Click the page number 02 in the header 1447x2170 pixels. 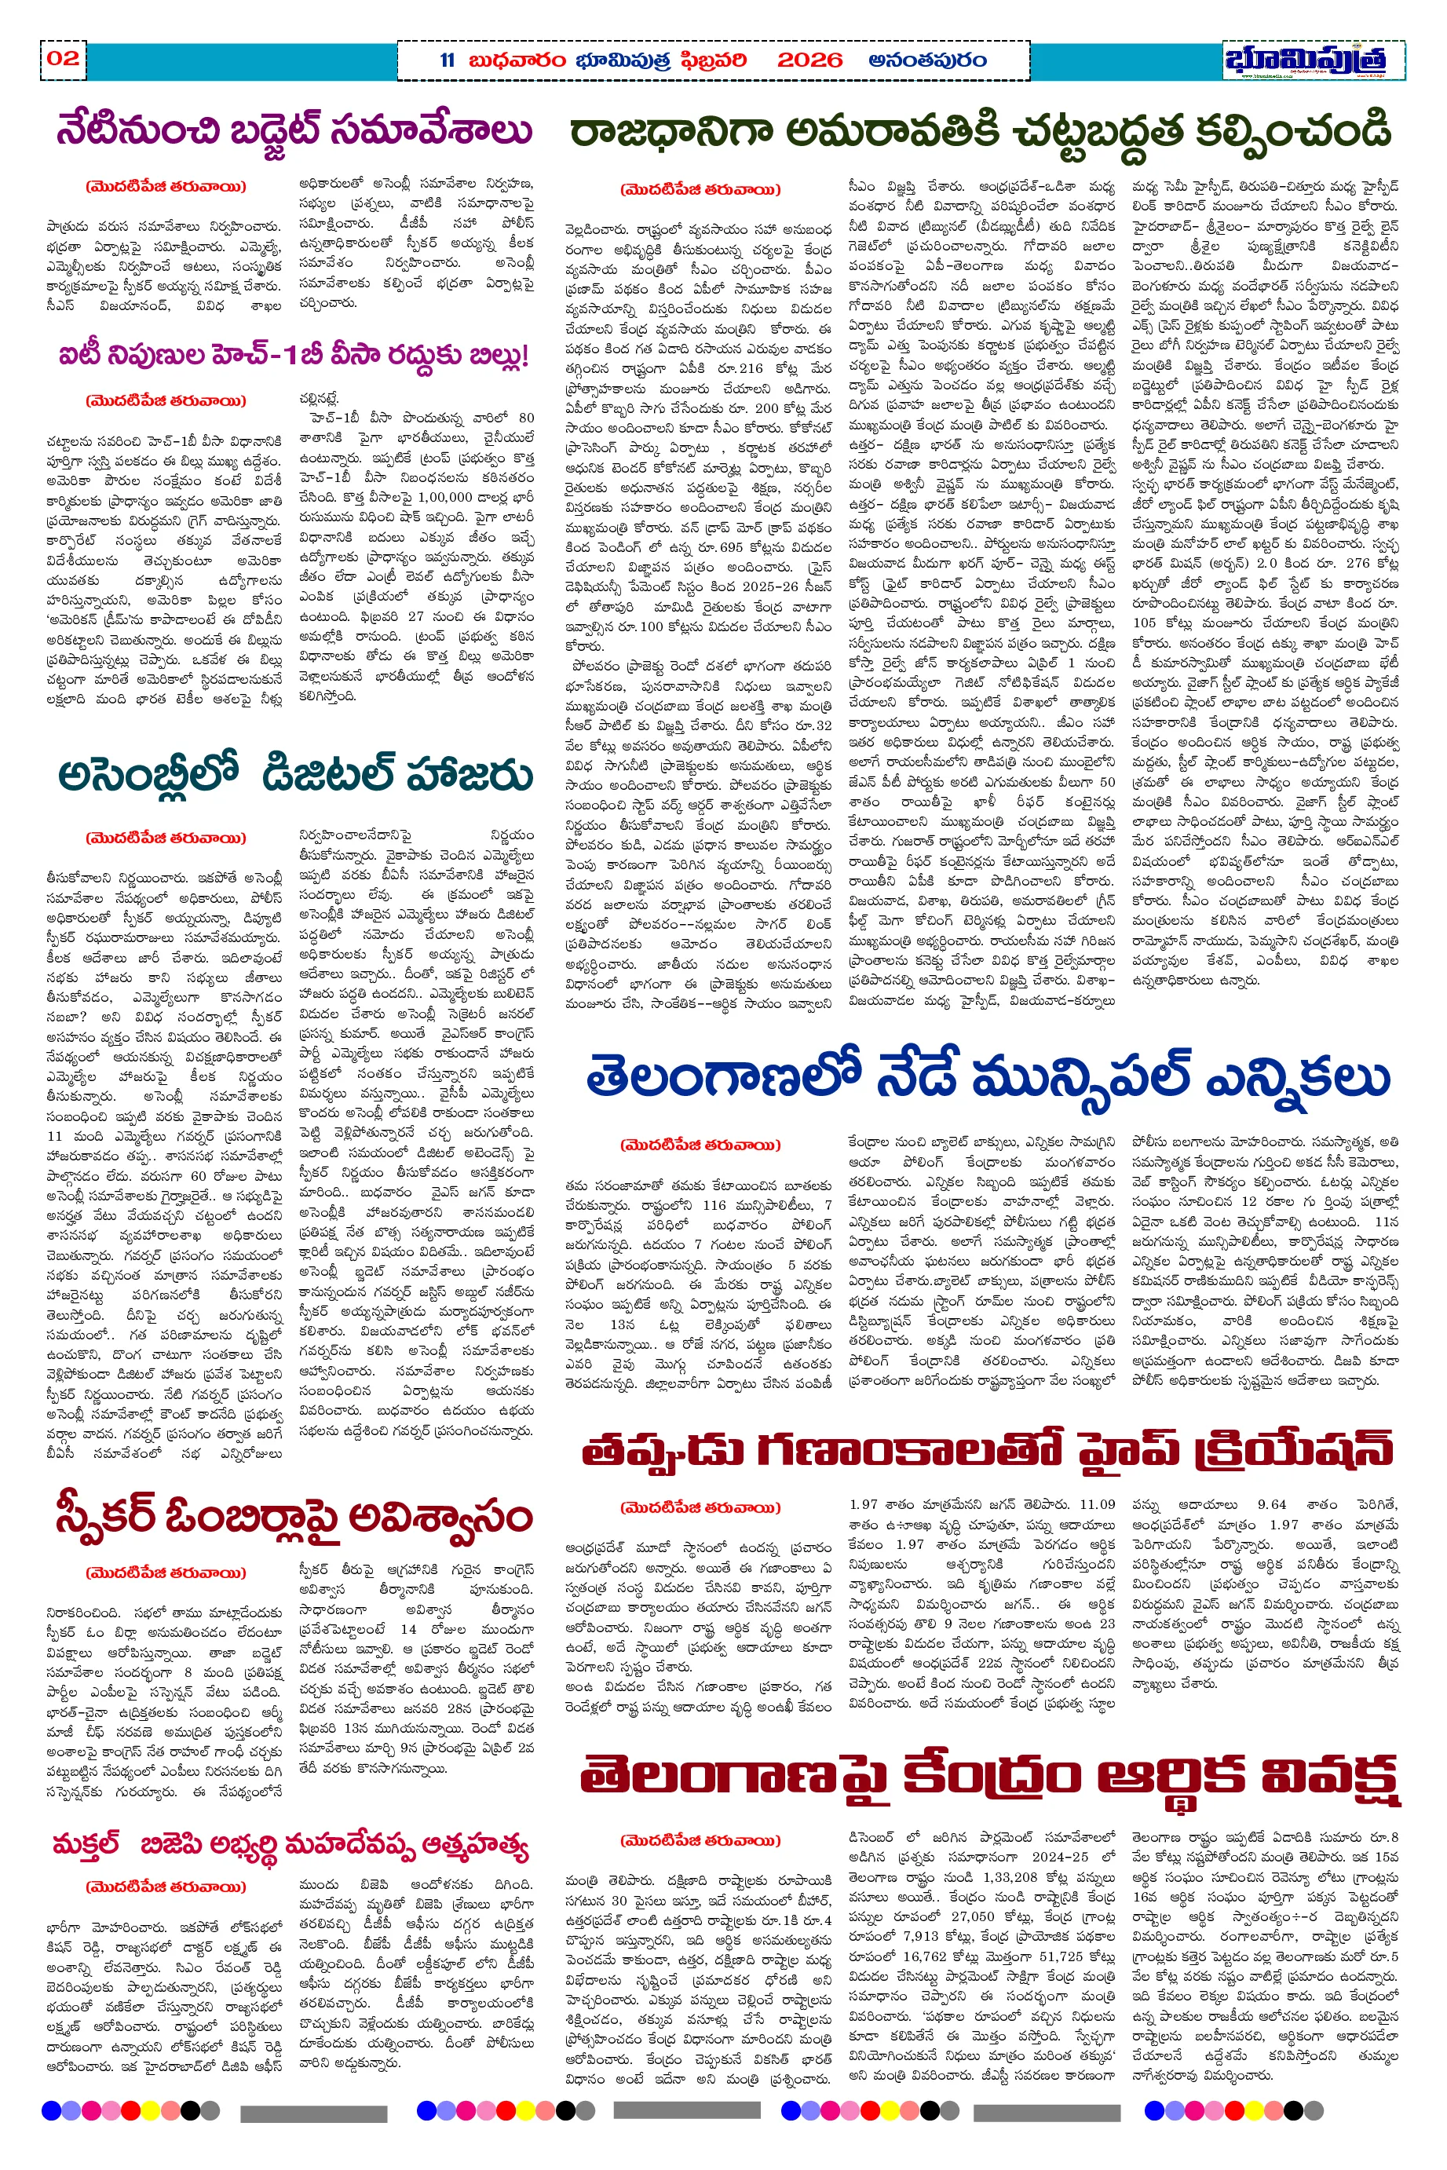pyautogui.click(x=63, y=59)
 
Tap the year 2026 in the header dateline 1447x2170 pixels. pyautogui.click(x=809, y=61)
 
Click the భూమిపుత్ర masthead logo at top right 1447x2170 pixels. pyautogui.click(x=1311, y=61)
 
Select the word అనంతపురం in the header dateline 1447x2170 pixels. pyautogui.click(x=926, y=61)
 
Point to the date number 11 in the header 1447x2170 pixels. pyautogui.click(x=448, y=61)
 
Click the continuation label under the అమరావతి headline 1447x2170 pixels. pyautogui.click(x=700, y=190)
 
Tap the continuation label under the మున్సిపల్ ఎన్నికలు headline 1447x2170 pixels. pyautogui.click(x=700, y=1145)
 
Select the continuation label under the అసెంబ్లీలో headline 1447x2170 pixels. pyautogui.click(x=166, y=838)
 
